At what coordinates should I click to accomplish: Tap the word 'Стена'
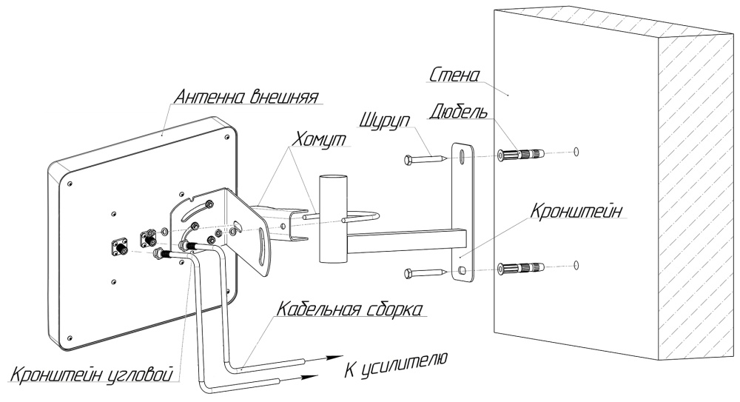click(456, 75)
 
